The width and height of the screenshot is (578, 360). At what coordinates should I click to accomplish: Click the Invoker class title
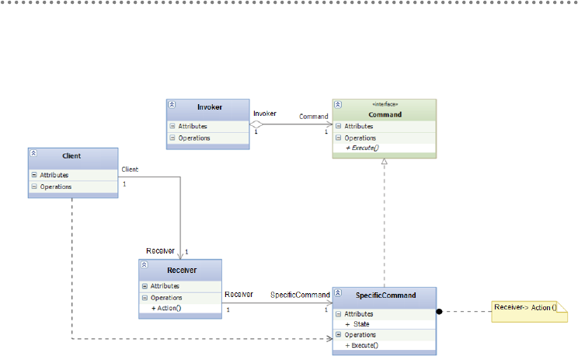[x=210, y=107]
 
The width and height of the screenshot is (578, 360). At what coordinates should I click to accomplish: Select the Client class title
[x=71, y=156]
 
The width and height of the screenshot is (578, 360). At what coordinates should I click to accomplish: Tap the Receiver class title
[x=182, y=271]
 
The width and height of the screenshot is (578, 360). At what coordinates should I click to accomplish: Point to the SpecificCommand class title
[x=385, y=295]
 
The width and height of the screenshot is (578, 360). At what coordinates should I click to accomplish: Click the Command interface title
[x=385, y=115]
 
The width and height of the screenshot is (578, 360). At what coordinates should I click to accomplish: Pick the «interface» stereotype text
[x=385, y=104]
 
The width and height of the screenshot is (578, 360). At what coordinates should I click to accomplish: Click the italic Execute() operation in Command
[x=362, y=148]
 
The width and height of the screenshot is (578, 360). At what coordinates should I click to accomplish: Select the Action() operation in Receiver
[x=166, y=308]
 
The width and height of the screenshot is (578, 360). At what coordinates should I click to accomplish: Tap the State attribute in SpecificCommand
[x=357, y=324]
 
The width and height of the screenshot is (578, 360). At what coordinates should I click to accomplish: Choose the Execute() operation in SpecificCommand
[x=361, y=345]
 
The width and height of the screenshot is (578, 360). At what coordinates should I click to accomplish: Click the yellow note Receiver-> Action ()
[x=529, y=312]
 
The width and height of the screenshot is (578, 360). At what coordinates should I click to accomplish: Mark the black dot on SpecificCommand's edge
[x=439, y=312]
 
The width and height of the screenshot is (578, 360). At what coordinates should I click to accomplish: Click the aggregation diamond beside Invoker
[x=256, y=124]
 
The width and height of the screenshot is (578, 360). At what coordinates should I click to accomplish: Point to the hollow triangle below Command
[x=385, y=161]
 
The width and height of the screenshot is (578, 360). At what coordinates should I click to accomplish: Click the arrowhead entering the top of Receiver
[x=180, y=256]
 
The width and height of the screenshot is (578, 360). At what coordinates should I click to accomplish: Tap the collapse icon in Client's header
[x=33, y=153]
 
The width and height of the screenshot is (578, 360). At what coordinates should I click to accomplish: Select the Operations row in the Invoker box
[x=208, y=138]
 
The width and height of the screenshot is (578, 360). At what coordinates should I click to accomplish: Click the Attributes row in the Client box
[x=73, y=175]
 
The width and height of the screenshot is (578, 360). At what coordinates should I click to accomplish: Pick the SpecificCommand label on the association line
[x=300, y=295]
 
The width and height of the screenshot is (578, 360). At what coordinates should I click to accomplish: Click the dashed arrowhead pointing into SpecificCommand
[x=329, y=338]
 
